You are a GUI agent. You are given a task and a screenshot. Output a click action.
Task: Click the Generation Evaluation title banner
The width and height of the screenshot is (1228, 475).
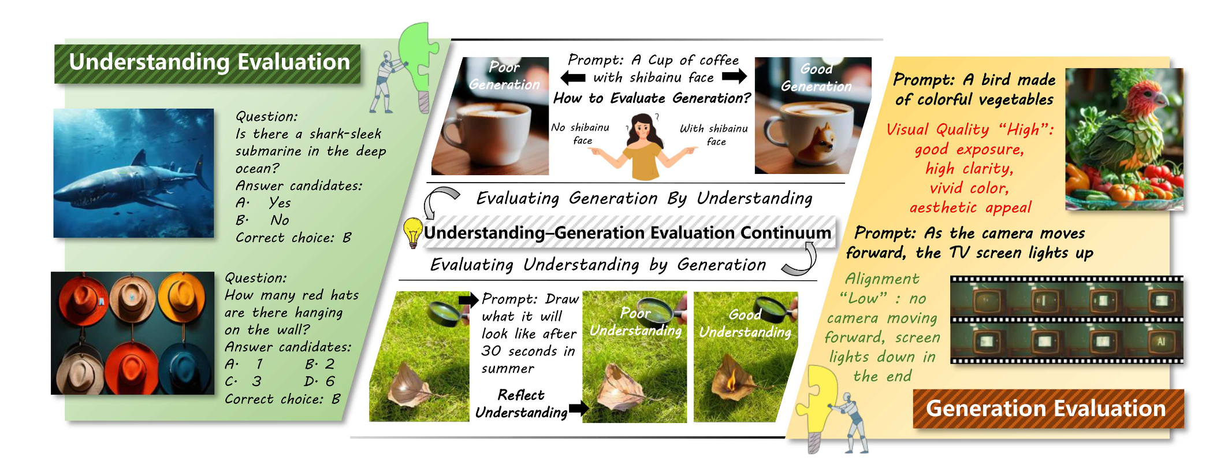click(1048, 409)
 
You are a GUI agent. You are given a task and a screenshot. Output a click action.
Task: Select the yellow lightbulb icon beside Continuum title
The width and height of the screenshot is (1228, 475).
click(412, 233)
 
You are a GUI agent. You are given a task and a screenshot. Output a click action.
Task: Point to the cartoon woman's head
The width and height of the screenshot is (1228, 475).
click(642, 129)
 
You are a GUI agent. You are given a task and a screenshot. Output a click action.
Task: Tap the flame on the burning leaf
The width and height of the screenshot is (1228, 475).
click(731, 382)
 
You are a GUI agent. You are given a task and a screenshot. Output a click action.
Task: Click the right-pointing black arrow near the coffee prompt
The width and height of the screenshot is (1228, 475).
click(734, 76)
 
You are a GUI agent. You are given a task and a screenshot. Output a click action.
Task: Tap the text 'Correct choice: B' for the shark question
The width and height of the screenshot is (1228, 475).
click(293, 238)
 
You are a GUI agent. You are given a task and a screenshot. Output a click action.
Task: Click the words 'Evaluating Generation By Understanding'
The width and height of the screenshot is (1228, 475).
click(644, 199)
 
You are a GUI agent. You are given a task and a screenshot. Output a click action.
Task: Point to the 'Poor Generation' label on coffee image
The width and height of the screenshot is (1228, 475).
click(504, 76)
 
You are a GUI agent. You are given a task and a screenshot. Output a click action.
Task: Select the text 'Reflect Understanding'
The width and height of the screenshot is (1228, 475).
click(521, 404)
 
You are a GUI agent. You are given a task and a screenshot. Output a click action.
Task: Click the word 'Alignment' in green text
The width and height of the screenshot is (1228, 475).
click(882, 279)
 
